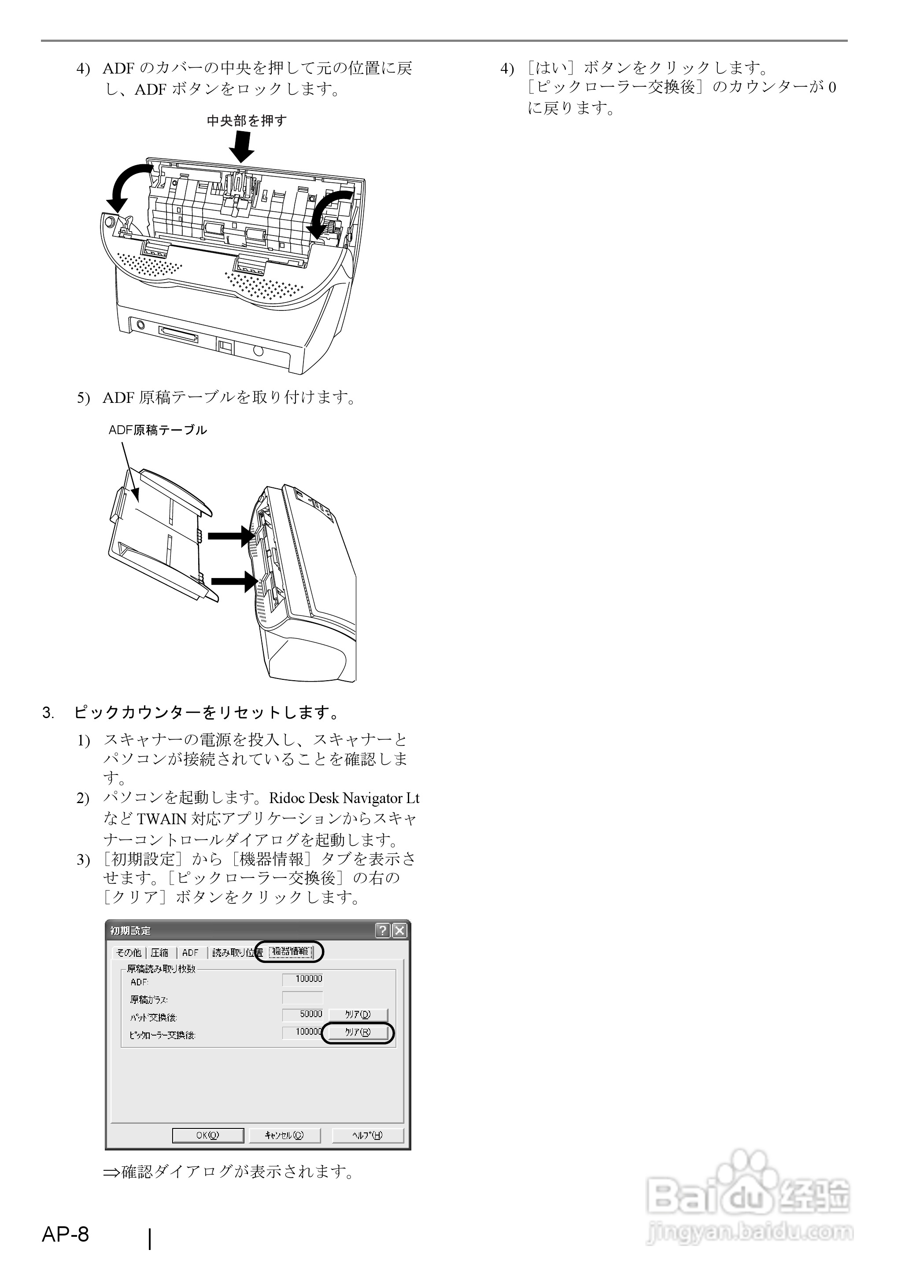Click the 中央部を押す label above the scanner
click(247, 120)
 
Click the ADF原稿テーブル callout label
click(158, 430)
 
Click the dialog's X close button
click(399, 930)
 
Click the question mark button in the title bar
click(383, 930)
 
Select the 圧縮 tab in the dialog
click(159, 952)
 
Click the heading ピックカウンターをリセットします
click(206, 712)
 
